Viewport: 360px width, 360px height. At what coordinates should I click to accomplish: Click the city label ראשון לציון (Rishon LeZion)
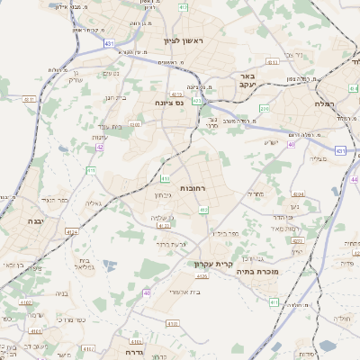pyautogui.click(x=185, y=41)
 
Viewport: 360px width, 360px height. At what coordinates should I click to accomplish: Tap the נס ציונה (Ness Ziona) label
pyautogui.click(x=168, y=103)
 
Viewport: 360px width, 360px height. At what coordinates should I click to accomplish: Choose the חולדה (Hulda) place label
pyautogui.click(x=343, y=318)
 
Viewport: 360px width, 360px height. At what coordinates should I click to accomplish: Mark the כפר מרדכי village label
pyautogui.click(x=68, y=319)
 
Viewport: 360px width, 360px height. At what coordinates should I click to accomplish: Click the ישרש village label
pyautogui.click(x=271, y=141)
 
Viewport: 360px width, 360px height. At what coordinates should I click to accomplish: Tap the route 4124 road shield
pyautogui.click(x=71, y=231)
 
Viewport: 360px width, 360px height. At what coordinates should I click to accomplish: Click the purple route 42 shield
pyautogui.click(x=100, y=146)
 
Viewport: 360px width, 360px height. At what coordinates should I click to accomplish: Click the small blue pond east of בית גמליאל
pyautogui.click(x=109, y=265)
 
